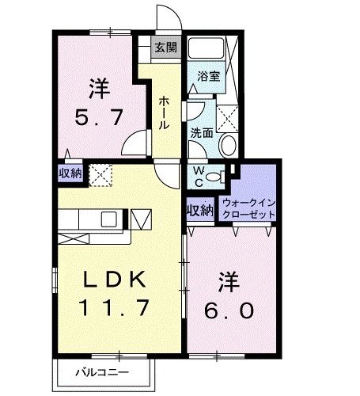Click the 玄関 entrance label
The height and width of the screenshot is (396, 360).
pos(166,48)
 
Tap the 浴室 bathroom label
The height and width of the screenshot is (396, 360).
pos(208,77)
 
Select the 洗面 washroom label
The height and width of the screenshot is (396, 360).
pos(201,133)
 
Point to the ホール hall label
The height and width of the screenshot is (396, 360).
pos(163,112)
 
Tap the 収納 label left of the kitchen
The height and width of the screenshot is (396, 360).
pos(70,173)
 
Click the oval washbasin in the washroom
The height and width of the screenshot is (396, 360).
pos(227,145)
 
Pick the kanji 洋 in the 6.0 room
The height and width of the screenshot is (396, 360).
pos(230,281)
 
